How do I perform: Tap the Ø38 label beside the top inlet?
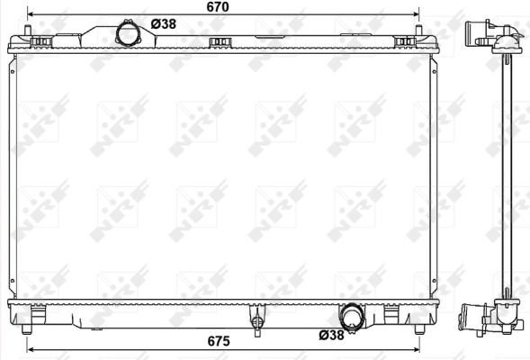coord(163,24)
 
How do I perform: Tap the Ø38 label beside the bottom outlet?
coord(331,336)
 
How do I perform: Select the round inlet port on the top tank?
coord(130,33)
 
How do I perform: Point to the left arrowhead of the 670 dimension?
coord(31,15)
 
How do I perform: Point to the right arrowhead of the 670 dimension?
coord(415,15)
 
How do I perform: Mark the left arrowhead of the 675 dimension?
coord(31,348)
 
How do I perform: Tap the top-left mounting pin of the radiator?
coord(34,38)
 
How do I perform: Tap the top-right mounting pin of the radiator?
coord(420,38)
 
